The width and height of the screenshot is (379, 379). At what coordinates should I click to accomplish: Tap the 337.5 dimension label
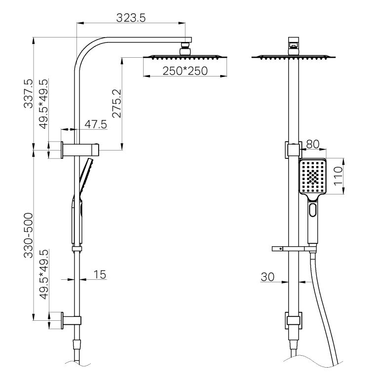point(29,93)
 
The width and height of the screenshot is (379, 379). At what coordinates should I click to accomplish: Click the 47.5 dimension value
point(95,124)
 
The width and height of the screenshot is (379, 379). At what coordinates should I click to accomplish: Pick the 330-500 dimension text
point(29,236)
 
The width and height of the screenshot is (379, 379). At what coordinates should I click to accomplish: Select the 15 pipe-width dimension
point(100,274)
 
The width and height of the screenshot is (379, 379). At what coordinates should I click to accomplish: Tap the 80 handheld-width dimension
point(313,145)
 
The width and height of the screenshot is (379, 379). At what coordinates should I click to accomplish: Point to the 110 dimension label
point(339,176)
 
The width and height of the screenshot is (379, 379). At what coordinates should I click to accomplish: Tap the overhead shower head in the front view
point(294,56)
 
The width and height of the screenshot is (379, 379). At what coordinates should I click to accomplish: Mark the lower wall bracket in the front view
point(294,321)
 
